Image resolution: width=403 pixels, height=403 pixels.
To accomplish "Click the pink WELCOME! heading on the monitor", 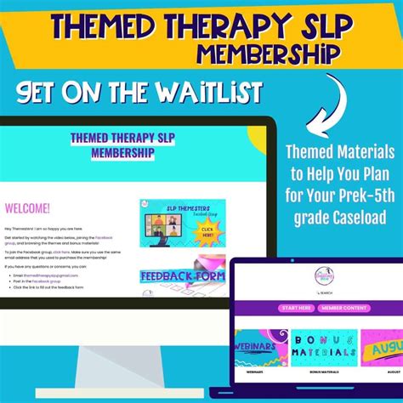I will (x=28, y=208).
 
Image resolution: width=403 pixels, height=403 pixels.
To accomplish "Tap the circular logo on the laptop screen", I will (x=315, y=275).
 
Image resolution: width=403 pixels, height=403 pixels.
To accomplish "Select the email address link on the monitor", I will (x=43, y=274).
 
